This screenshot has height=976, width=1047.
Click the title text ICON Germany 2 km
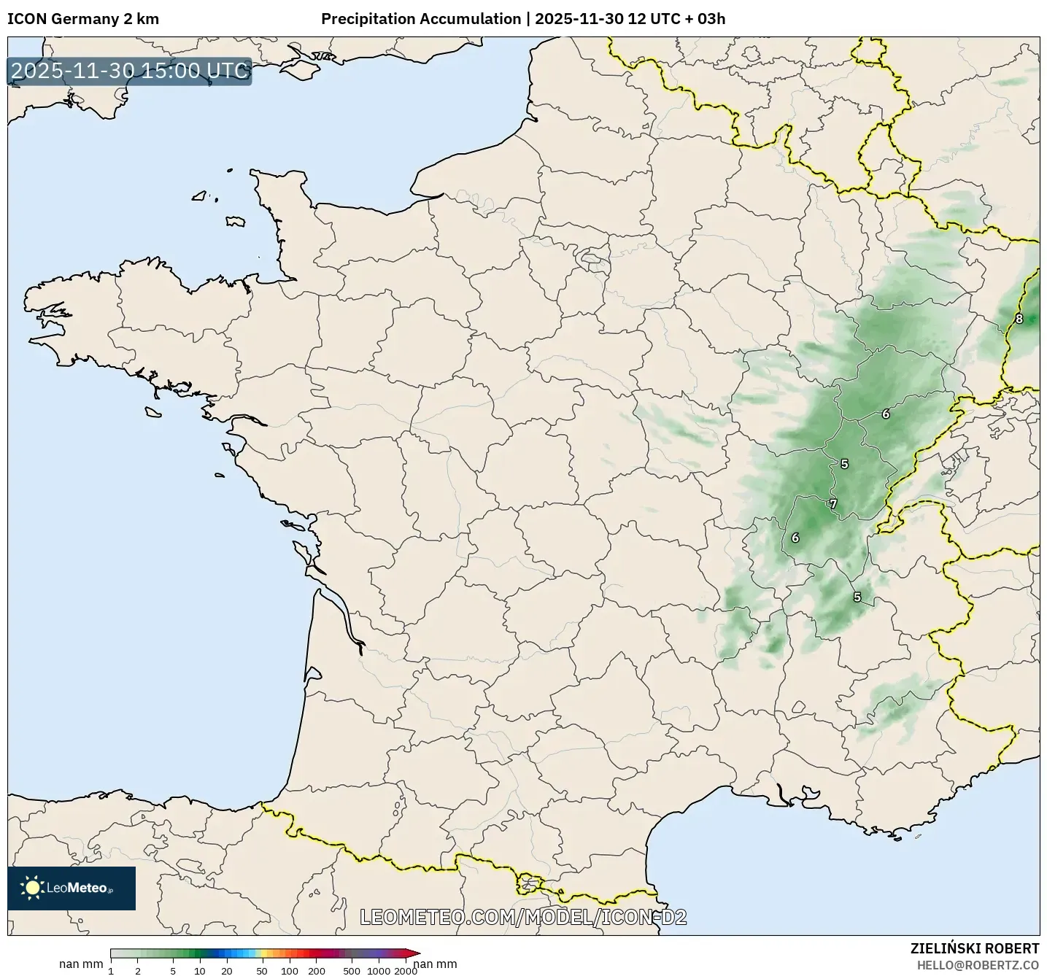pos(83,19)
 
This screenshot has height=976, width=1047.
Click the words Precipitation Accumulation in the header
pos(421,19)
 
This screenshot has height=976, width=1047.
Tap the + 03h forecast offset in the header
pos(706,19)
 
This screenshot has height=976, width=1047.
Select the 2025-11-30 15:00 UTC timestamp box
pos(130,71)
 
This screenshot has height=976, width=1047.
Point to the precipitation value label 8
pos(1019,319)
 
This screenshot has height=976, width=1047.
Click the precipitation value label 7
pos(832,503)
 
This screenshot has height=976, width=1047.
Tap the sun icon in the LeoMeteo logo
pos(32,887)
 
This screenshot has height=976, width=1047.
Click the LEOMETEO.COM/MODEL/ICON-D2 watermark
pos(524,917)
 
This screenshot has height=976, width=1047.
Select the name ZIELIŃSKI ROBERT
pos(975,948)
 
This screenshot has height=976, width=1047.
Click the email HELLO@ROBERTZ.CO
pos(978,965)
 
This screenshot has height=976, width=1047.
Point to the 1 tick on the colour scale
pos(111,970)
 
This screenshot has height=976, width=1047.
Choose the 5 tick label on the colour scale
pos(173,970)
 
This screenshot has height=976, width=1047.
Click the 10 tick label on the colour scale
pos(200,970)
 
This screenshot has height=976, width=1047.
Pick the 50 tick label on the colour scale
pos(262,970)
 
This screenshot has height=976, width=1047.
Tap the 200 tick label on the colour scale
pos(317,970)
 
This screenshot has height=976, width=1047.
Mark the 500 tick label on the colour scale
pos(352,970)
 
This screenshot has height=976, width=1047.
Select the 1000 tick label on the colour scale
pos(379,970)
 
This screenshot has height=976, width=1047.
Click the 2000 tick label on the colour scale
pos(406,970)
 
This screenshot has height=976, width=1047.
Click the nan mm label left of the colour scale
pos(81,964)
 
